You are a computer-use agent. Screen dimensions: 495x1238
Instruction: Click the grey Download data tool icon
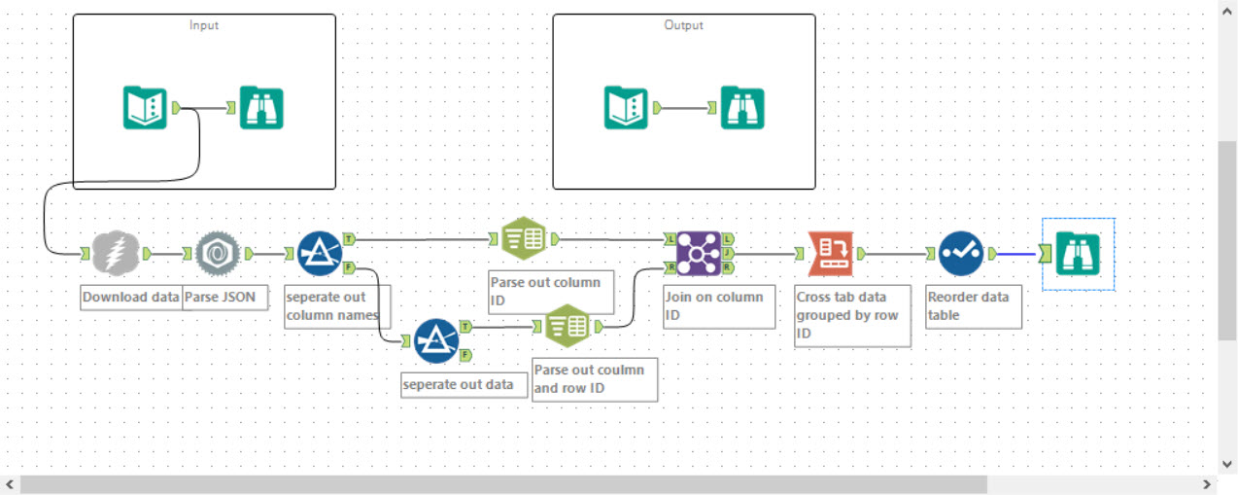coord(116,254)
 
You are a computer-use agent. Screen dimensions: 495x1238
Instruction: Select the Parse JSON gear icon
coord(218,254)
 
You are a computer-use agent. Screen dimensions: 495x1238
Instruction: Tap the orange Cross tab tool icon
coord(830,254)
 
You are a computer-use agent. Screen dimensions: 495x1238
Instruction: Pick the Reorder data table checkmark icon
coord(960,254)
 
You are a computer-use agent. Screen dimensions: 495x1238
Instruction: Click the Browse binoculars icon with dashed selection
coord(1078,254)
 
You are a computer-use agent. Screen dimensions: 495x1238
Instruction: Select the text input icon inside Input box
coord(145,108)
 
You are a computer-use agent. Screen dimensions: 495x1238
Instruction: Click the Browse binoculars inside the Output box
coord(742,108)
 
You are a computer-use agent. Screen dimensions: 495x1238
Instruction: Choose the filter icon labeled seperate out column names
coord(320,253)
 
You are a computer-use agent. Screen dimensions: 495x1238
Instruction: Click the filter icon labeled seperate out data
coord(436,340)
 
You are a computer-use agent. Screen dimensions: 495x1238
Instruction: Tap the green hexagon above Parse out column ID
coord(525,238)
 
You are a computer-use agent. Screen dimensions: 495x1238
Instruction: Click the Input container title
coord(204,25)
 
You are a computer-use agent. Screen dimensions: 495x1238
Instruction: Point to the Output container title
coord(683,25)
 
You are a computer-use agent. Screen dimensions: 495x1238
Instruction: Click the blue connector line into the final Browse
coord(1017,254)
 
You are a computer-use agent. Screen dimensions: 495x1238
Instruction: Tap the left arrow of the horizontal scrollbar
coord(10,483)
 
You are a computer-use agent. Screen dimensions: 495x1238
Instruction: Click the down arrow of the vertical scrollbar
coord(1227,464)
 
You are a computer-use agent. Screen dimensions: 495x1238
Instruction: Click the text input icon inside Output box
coord(626,108)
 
